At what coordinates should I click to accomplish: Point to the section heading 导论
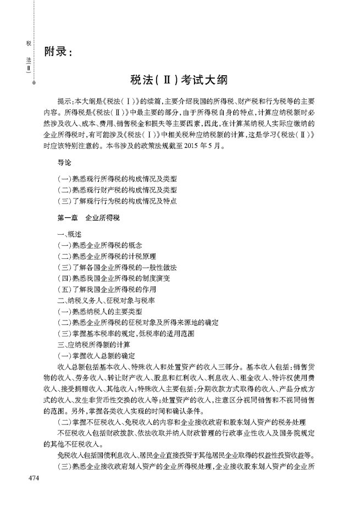click(x=64, y=163)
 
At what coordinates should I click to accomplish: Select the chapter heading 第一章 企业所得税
click(x=88, y=218)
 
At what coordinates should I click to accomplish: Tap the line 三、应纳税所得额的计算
click(x=93, y=345)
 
